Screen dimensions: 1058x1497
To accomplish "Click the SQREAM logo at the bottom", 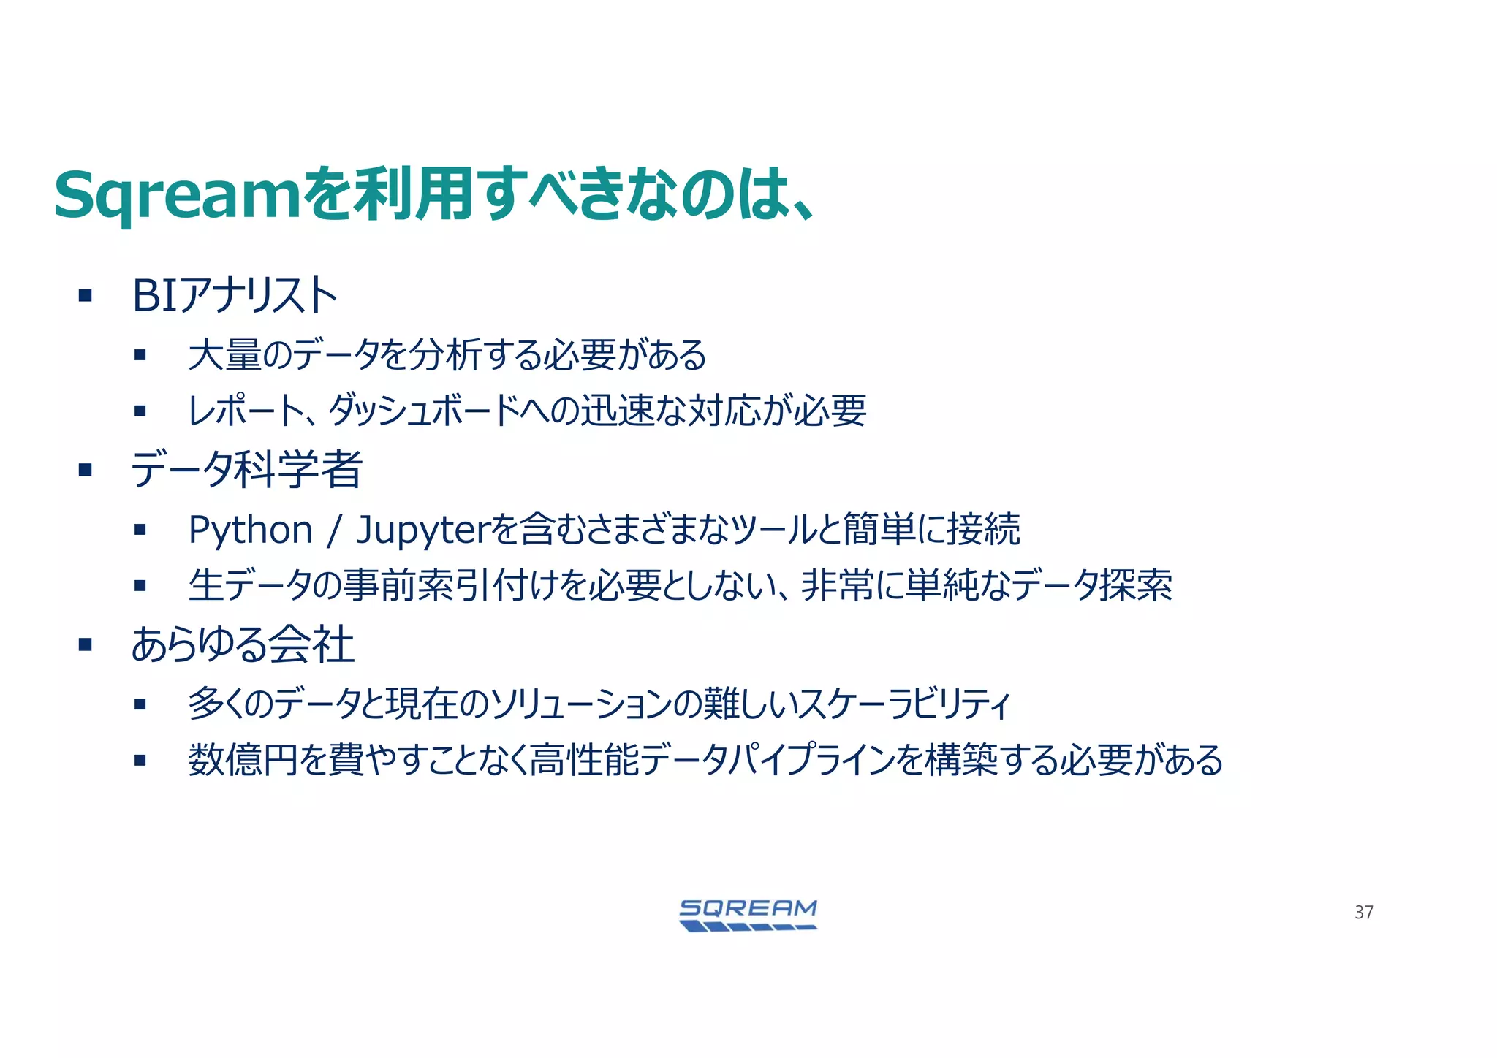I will click(x=748, y=915).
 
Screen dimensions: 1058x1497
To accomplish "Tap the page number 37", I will click(x=1364, y=912).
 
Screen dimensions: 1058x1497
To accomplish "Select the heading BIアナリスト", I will click(x=235, y=296).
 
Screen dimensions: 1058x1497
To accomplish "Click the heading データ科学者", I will click(x=246, y=469).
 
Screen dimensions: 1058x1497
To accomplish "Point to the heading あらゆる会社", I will click(x=243, y=645).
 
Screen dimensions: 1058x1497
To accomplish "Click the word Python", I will click(x=251, y=530).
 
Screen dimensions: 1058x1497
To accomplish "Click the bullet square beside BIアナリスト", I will click(x=86, y=296).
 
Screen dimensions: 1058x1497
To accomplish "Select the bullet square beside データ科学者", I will click(x=86, y=470).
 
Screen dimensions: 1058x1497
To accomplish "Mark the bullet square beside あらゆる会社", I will click(x=86, y=645).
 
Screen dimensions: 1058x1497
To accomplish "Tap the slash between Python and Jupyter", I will click(x=334, y=530).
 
